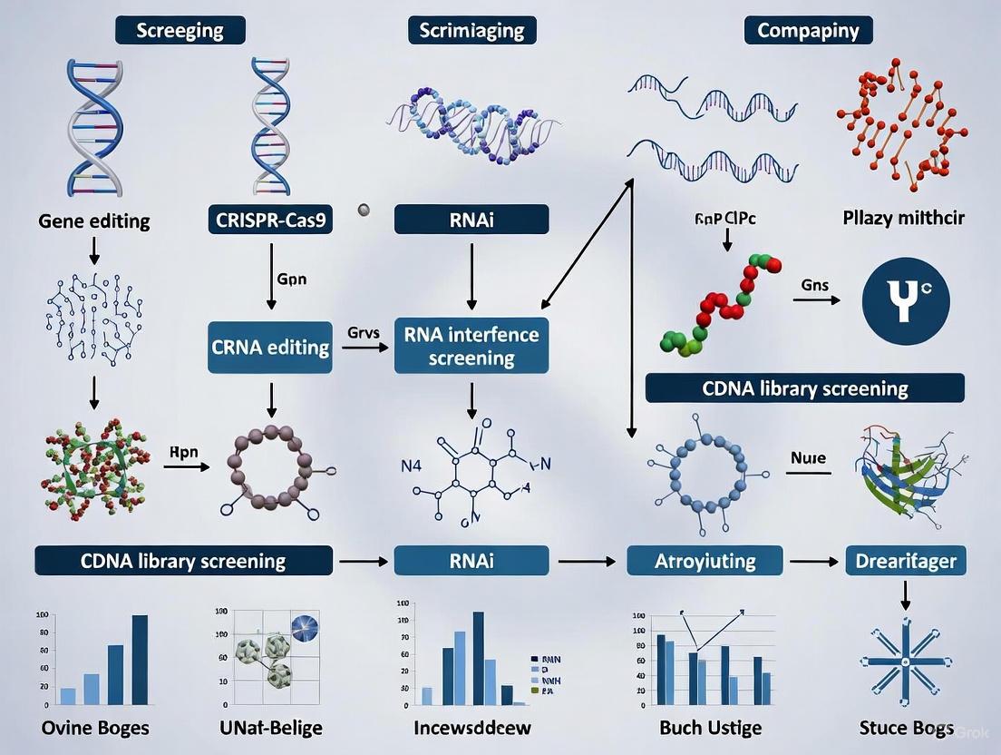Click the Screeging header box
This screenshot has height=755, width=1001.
[x=180, y=30]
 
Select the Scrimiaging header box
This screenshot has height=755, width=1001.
[x=471, y=30]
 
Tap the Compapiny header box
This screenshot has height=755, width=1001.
[x=808, y=30]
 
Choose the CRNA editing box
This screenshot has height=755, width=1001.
[x=271, y=348]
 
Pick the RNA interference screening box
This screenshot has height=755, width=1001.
[x=471, y=346]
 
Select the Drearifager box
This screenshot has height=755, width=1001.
[x=906, y=560]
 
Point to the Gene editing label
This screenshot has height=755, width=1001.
[x=94, y=221]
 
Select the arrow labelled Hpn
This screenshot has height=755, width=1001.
[x=186, y=467]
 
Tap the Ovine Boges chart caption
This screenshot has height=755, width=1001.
[x=95, y=728]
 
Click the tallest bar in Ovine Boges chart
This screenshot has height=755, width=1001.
[x=140, y=660]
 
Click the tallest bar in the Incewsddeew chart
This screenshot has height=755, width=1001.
[x=478, y=658]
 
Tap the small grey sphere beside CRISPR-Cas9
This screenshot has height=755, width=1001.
[x=364, y=210]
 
